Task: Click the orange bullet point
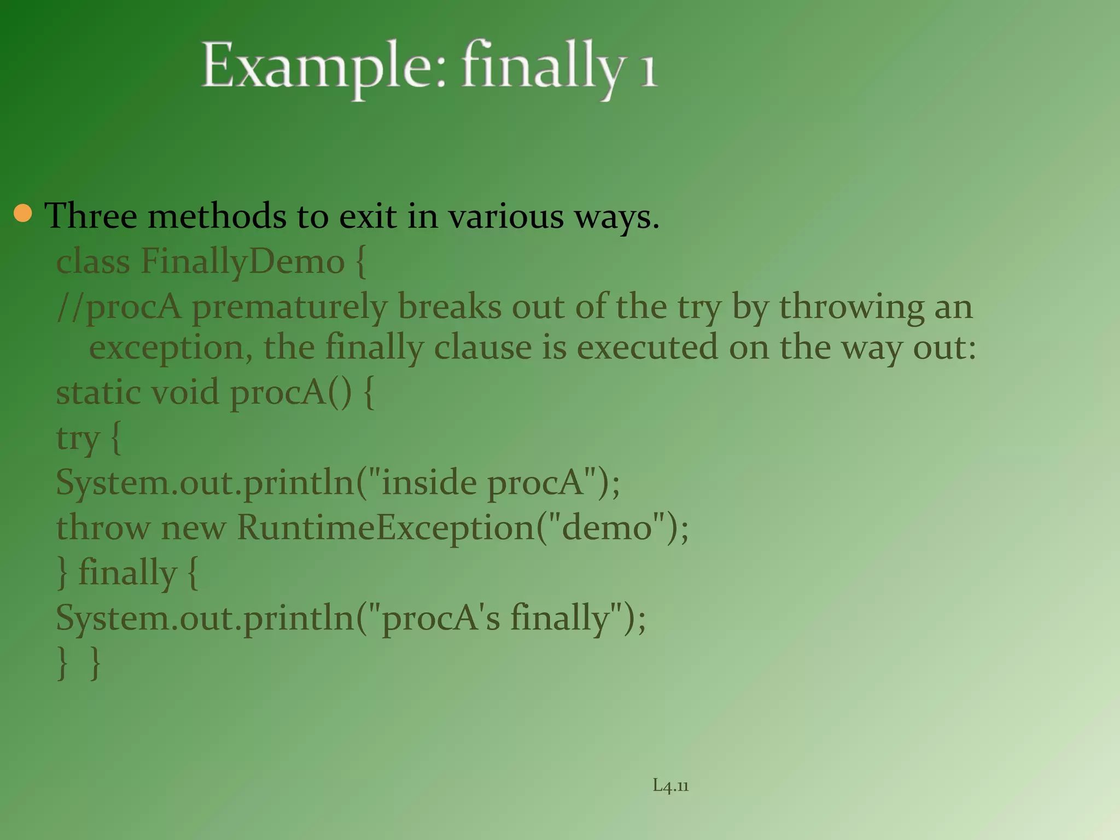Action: click(x=23, y=214)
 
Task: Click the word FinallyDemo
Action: click(x=243, y=261)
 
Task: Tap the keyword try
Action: click(x=78, y=439)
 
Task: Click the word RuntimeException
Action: click(x=385, y=528)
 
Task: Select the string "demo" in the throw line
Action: click(x=608, y=528)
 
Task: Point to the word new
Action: click(x=193, y=528)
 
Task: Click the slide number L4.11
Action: click(x=670, y=786)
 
